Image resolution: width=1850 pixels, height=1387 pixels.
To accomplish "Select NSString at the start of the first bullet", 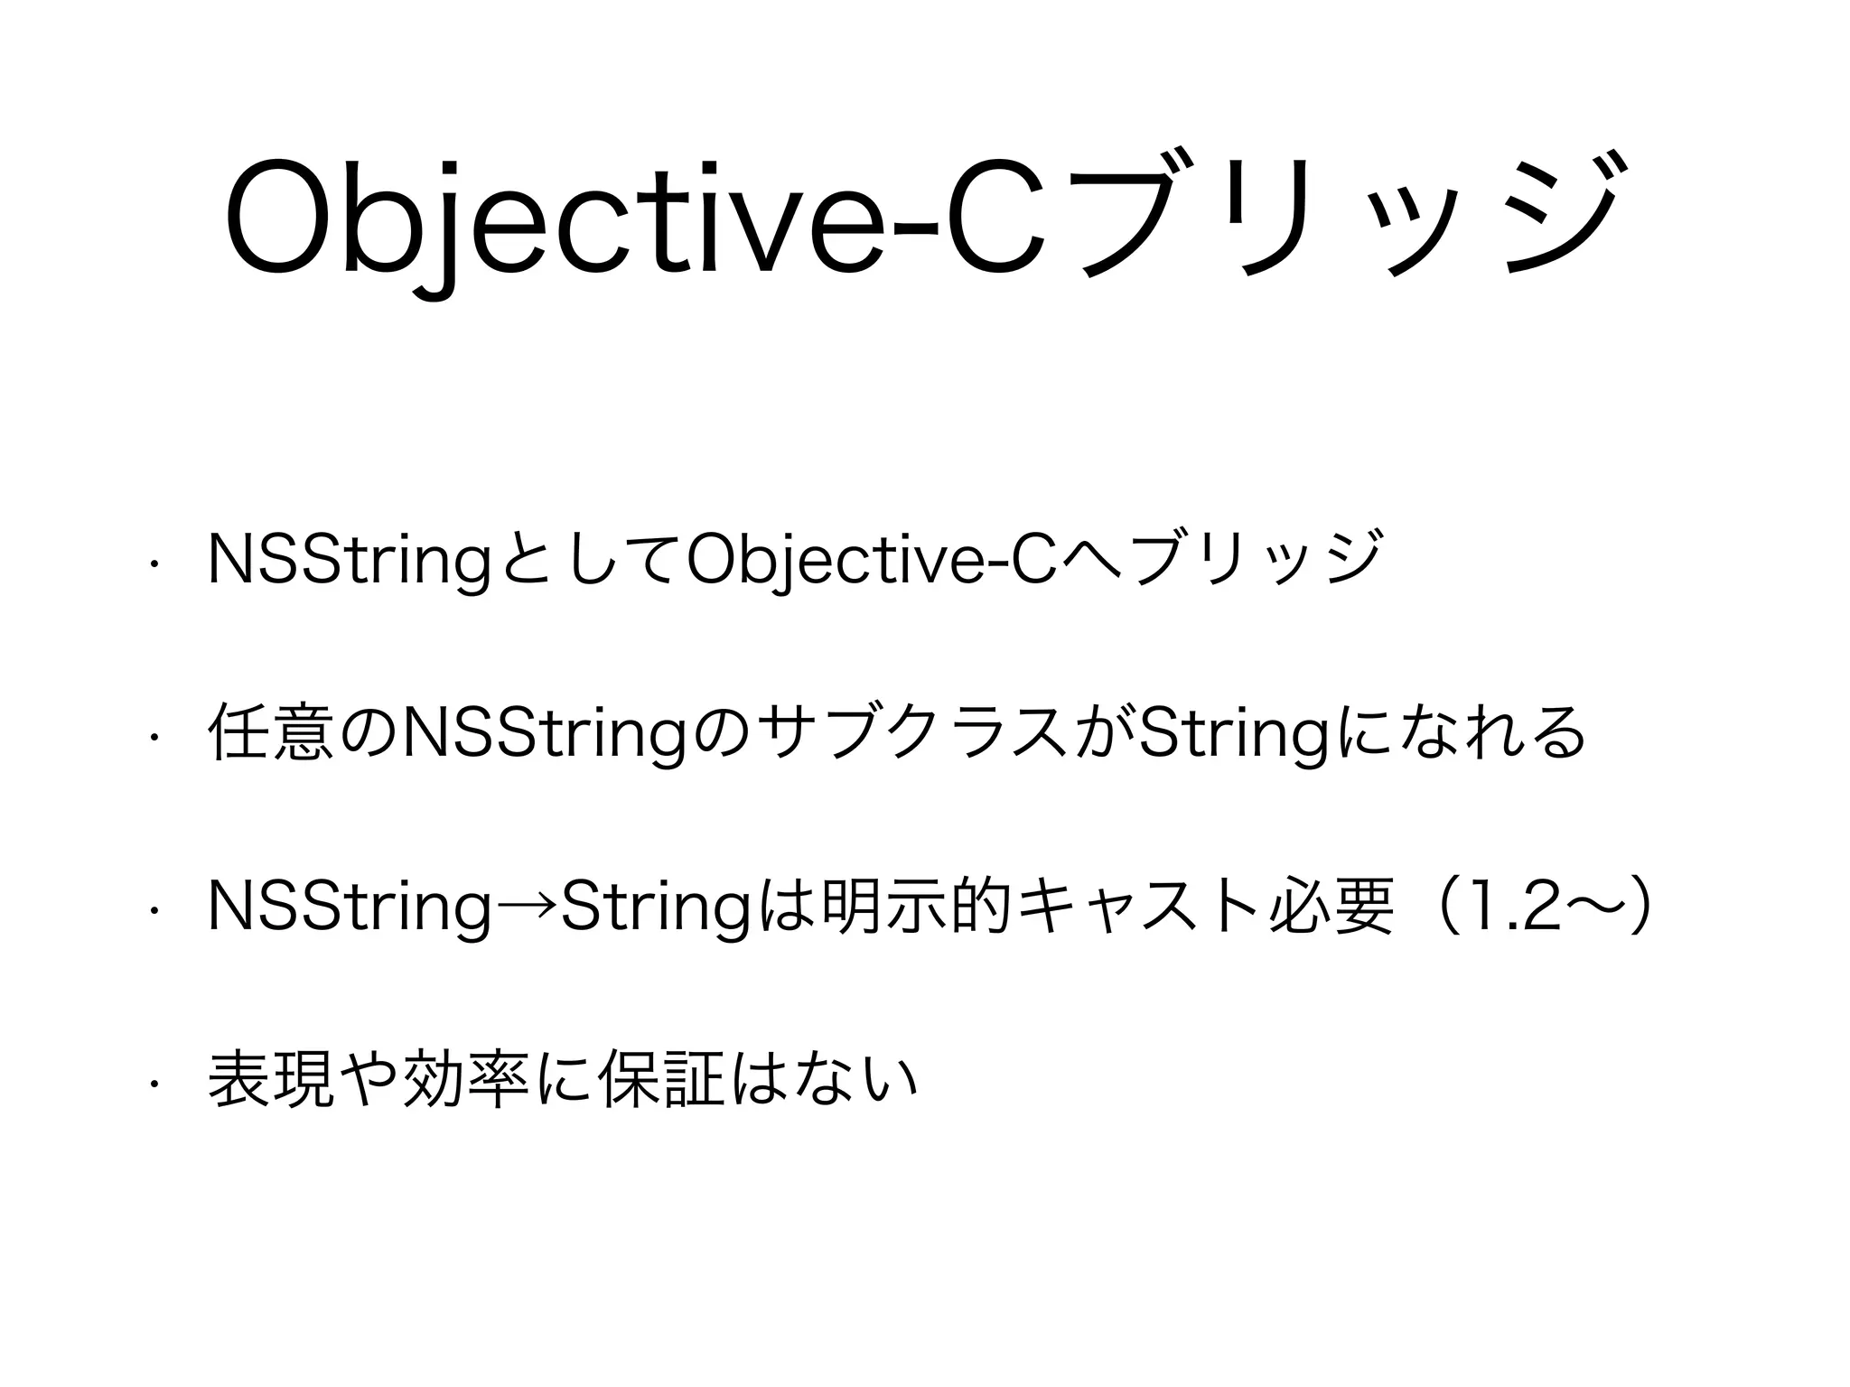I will point(349,561).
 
